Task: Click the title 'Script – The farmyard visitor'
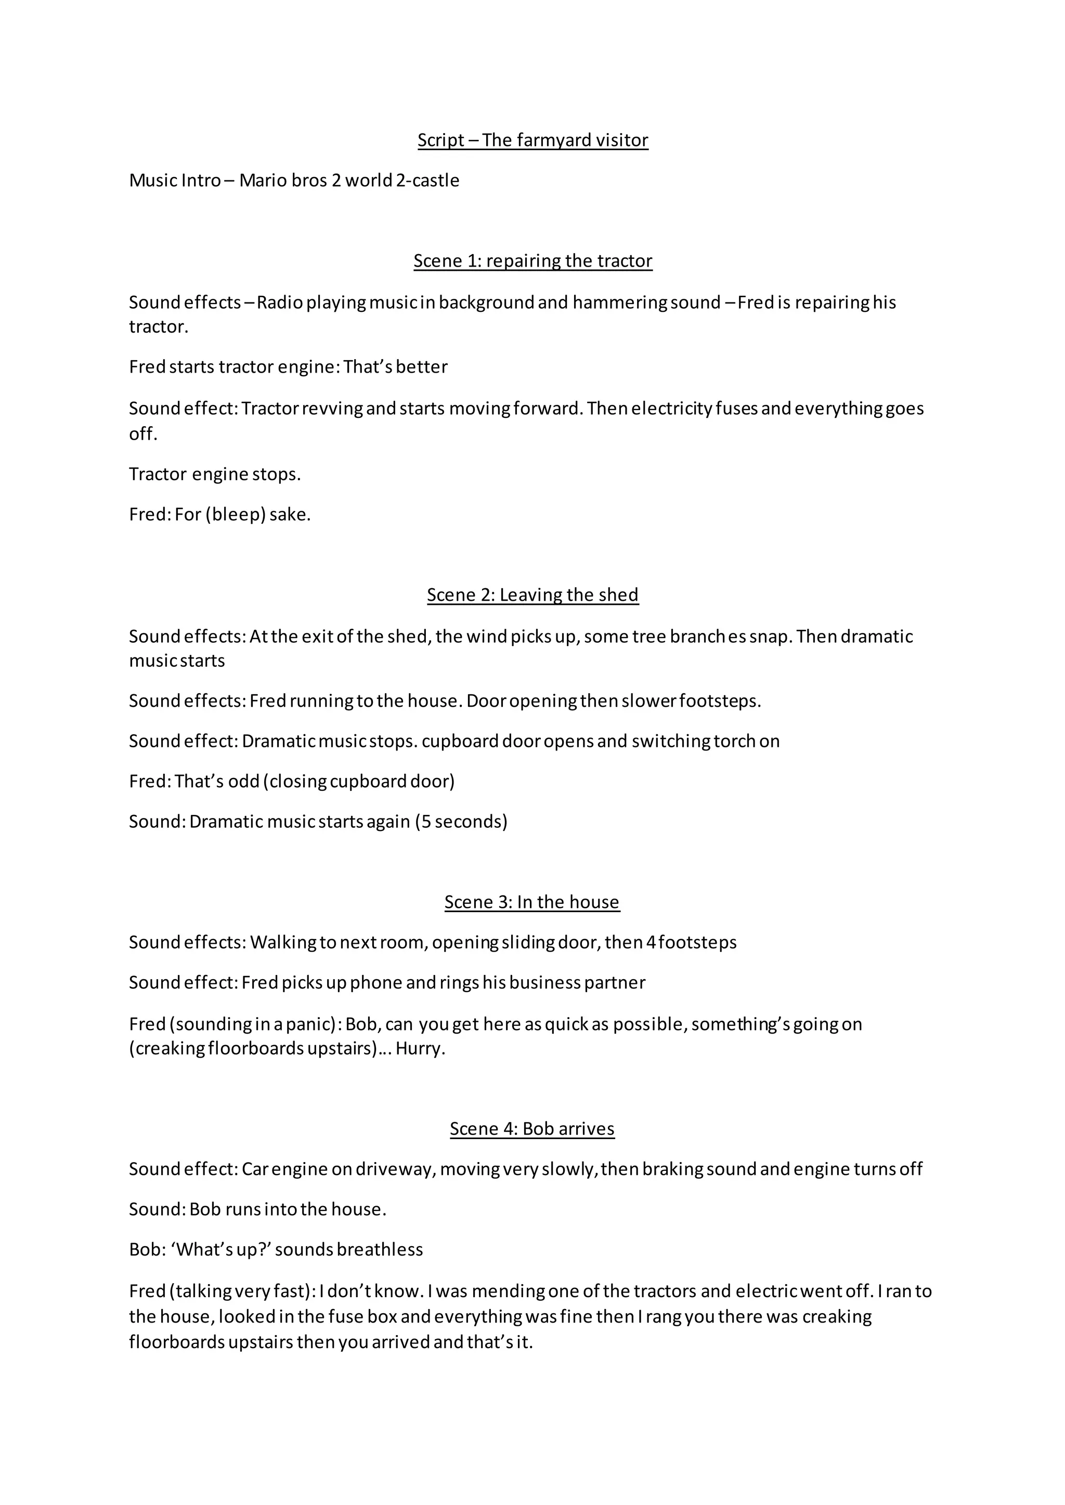tap(532, 140)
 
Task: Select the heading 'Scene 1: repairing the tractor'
tap(532, 261)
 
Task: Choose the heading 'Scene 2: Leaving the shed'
tap(532, 595)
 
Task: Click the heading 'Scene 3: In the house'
tap(532, 902)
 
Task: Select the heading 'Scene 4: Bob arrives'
tap(532, 1129)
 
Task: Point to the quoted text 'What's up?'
tap(219, 1249)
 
